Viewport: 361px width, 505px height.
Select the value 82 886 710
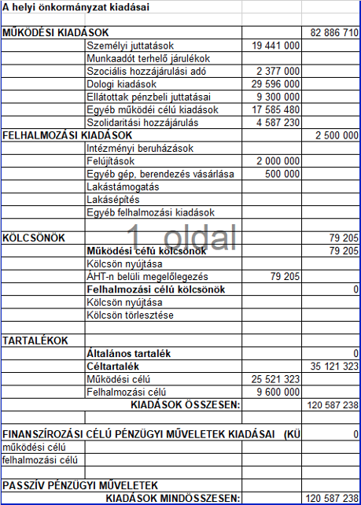(334, 33)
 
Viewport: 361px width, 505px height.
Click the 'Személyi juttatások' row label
(130, 46)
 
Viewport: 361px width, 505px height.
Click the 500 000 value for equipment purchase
(284, 174)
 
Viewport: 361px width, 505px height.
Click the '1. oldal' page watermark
(185, 236)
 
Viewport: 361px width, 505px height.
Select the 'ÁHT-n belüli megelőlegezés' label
(147, 277)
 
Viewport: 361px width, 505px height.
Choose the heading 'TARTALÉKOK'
(35, 341)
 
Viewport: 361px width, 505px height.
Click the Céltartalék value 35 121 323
(334, 367)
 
